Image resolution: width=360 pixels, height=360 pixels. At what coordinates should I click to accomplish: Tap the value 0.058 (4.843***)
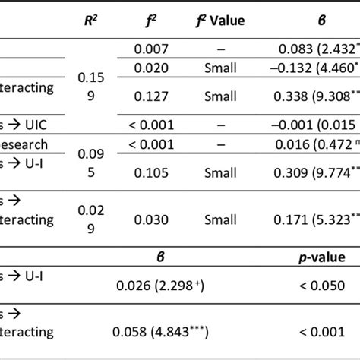pos(163,332)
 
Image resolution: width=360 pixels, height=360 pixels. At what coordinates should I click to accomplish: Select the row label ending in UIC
pos(30,123)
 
